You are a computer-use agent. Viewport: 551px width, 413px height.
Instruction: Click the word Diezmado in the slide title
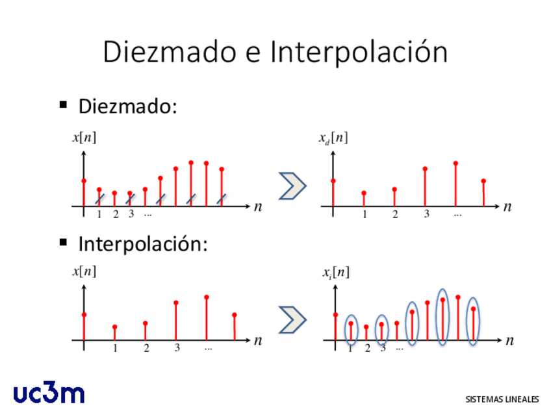coord(170,52)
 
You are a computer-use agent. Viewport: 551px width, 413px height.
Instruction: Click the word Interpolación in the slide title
coord(359,52)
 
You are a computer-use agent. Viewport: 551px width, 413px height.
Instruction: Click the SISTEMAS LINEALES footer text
coord(502,399)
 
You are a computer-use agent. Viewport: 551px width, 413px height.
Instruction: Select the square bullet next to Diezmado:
coord(63,105)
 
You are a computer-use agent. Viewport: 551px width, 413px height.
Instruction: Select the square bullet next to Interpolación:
coord(63,242)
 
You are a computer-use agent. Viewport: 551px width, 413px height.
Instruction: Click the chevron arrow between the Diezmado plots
coord(292,186)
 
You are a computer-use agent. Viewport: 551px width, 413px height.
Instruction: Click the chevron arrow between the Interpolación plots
coord(292,319)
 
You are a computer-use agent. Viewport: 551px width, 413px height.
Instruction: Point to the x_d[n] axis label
coord(333,138)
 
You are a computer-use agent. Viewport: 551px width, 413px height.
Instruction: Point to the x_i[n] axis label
coord(336,273)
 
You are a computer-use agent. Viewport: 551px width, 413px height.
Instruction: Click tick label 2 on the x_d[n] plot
coord(395,214)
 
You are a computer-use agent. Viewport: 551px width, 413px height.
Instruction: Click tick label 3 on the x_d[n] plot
coord(426,214)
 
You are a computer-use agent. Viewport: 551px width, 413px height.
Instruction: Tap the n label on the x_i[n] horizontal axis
coord(509,341)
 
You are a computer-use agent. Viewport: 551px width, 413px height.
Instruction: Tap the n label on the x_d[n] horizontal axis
coord(507,207)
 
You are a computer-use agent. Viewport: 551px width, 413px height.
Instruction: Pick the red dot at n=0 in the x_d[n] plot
coord(333,181)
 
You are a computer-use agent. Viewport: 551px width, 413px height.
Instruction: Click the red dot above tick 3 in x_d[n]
coord(425,169)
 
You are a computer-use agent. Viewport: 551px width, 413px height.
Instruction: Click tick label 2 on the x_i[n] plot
coord(367,348)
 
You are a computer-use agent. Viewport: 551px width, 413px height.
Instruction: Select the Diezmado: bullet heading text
coord(127,106)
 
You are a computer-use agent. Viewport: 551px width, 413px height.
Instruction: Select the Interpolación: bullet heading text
coord(143,244)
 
